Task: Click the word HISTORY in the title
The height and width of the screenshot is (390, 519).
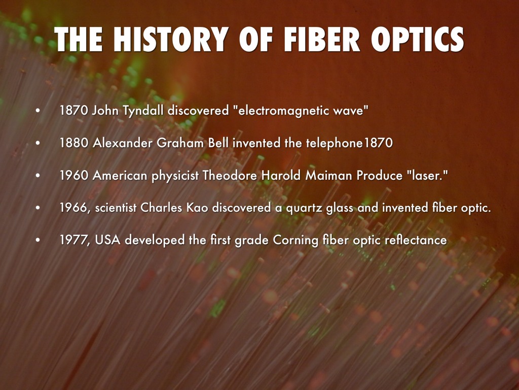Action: (x=171, y=39)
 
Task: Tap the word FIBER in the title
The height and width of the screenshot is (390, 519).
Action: (x=321, y=39)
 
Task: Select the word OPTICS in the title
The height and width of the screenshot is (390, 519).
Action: (x=418, y=39)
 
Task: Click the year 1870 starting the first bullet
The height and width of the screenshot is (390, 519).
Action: (x=74, y=110)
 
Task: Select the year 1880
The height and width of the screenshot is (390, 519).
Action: (x=74, y=143)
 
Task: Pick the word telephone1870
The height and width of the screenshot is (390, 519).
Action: (x=349, y=143)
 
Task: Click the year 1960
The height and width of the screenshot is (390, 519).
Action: (x=74, y=175)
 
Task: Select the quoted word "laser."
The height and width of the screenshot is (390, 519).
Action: (x=427, y=175)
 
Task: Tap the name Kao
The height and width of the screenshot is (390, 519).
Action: (x=197, y=208)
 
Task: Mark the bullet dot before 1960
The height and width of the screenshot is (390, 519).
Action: (x=38, y=175)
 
